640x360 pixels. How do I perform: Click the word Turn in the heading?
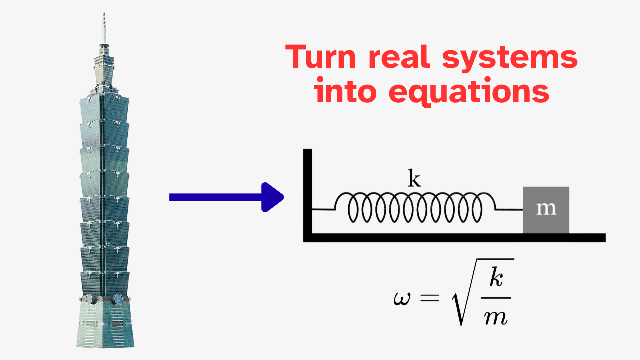(321, 57)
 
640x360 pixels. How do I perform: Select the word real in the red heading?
(399, 56)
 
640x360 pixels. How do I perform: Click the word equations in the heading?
(469, 92)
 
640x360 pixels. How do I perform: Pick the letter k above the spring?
(414, 178)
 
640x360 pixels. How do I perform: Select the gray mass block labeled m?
(546, 210)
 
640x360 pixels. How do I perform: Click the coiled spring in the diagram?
(415, 207)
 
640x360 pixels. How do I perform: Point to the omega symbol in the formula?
(402, 299)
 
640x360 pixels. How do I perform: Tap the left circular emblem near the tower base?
(89, 299)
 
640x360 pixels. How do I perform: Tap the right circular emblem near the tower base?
(117, 299)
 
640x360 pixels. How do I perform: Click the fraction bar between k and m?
(496, 298)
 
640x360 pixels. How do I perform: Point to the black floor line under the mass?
(454, 238)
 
